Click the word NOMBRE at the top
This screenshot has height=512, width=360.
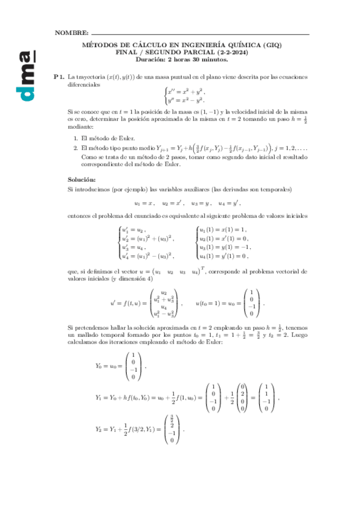[71, 32]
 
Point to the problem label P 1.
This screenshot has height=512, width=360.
[59, 77]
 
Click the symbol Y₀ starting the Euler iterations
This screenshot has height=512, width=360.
[100, 365]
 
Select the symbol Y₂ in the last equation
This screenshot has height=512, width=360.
[100, 429]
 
